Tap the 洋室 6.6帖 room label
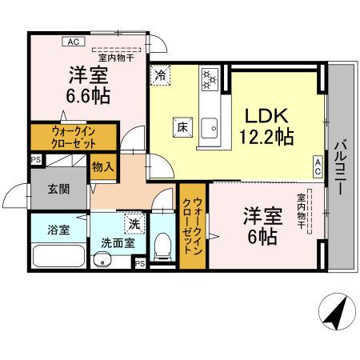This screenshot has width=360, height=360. [x=89, y=85]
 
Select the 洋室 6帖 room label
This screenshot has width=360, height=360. [x=261, y=225]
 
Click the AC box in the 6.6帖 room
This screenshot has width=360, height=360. [x=72, y=42]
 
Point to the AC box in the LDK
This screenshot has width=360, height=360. [x=318, y=166]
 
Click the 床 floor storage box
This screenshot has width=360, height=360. [x=181, y=126]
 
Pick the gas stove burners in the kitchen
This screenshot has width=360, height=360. [x=210, y=79]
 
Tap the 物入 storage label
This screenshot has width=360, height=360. [x=102, y=167]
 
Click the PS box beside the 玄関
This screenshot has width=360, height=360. [x=35, y=160]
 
